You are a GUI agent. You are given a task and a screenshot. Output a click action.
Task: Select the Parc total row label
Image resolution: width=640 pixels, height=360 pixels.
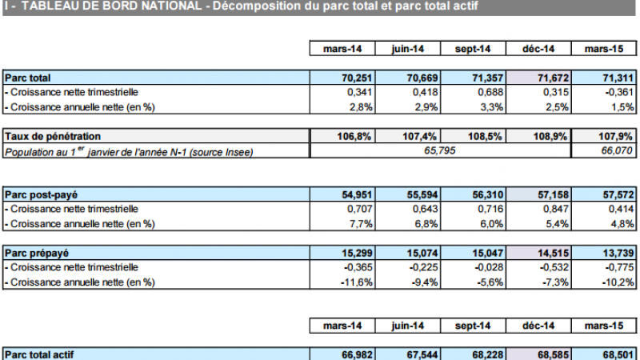[28, 78]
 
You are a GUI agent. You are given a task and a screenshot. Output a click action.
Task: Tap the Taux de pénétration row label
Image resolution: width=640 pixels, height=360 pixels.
[53, 137]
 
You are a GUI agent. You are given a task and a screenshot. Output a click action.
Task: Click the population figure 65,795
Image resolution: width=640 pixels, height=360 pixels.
[439, 151]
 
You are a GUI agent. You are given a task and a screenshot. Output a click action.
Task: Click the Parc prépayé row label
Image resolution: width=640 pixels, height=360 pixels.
[35, 254]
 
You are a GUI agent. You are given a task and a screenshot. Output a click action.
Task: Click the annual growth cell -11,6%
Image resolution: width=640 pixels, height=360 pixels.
[354, 282]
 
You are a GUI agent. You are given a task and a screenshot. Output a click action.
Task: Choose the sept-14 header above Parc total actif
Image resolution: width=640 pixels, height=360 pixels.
[473, 326]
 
